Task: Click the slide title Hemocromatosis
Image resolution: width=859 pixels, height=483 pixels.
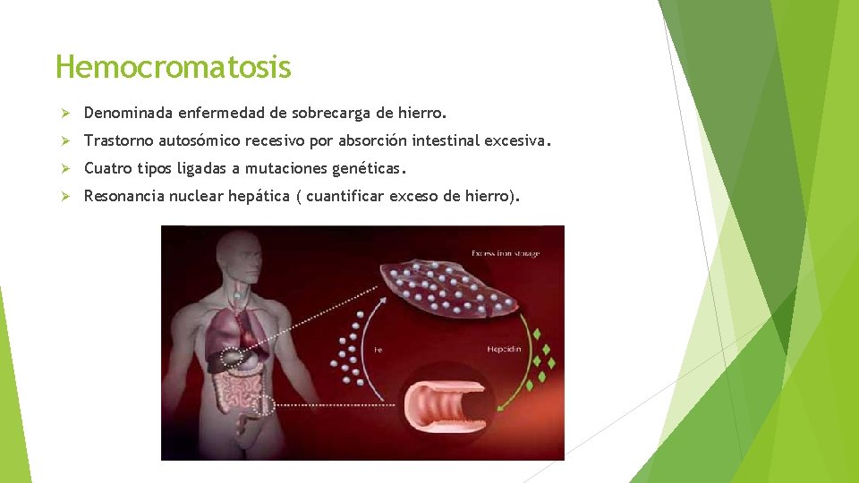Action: [173, 67]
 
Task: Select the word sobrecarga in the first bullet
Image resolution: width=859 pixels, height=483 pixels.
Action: [326, 114]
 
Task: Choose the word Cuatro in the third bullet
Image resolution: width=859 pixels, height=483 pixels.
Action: [106, 167]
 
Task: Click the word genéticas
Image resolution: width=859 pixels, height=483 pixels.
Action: [368, 167]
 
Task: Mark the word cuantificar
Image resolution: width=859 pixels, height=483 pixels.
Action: [349, 195]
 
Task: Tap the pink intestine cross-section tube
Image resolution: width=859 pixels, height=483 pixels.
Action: [447, 407]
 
